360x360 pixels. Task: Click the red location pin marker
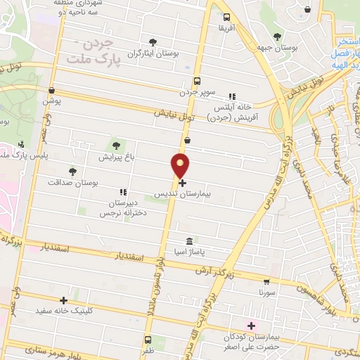181,165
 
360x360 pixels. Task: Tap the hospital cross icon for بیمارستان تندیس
184,182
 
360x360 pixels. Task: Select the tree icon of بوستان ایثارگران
153,42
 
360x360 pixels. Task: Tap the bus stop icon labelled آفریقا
226,17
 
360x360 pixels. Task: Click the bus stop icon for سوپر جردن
198,81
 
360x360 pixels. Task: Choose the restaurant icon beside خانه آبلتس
232,96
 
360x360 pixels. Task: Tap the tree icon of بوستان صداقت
72,171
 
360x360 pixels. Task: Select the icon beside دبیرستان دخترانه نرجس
123,191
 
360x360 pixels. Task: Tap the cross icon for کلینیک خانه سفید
63,300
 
